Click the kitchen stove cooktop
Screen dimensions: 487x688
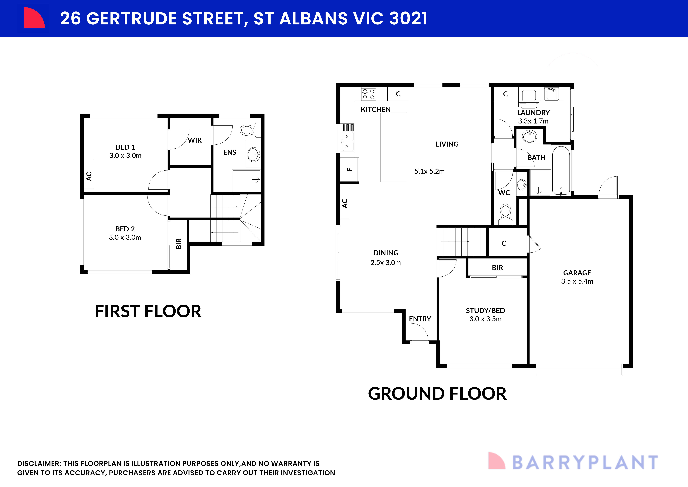point(368,94)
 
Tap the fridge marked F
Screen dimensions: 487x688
point(349,170)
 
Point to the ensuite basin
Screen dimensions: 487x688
point(254,154)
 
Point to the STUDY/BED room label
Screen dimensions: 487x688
point(485,310)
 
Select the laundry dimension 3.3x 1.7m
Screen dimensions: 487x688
point(533,121)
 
